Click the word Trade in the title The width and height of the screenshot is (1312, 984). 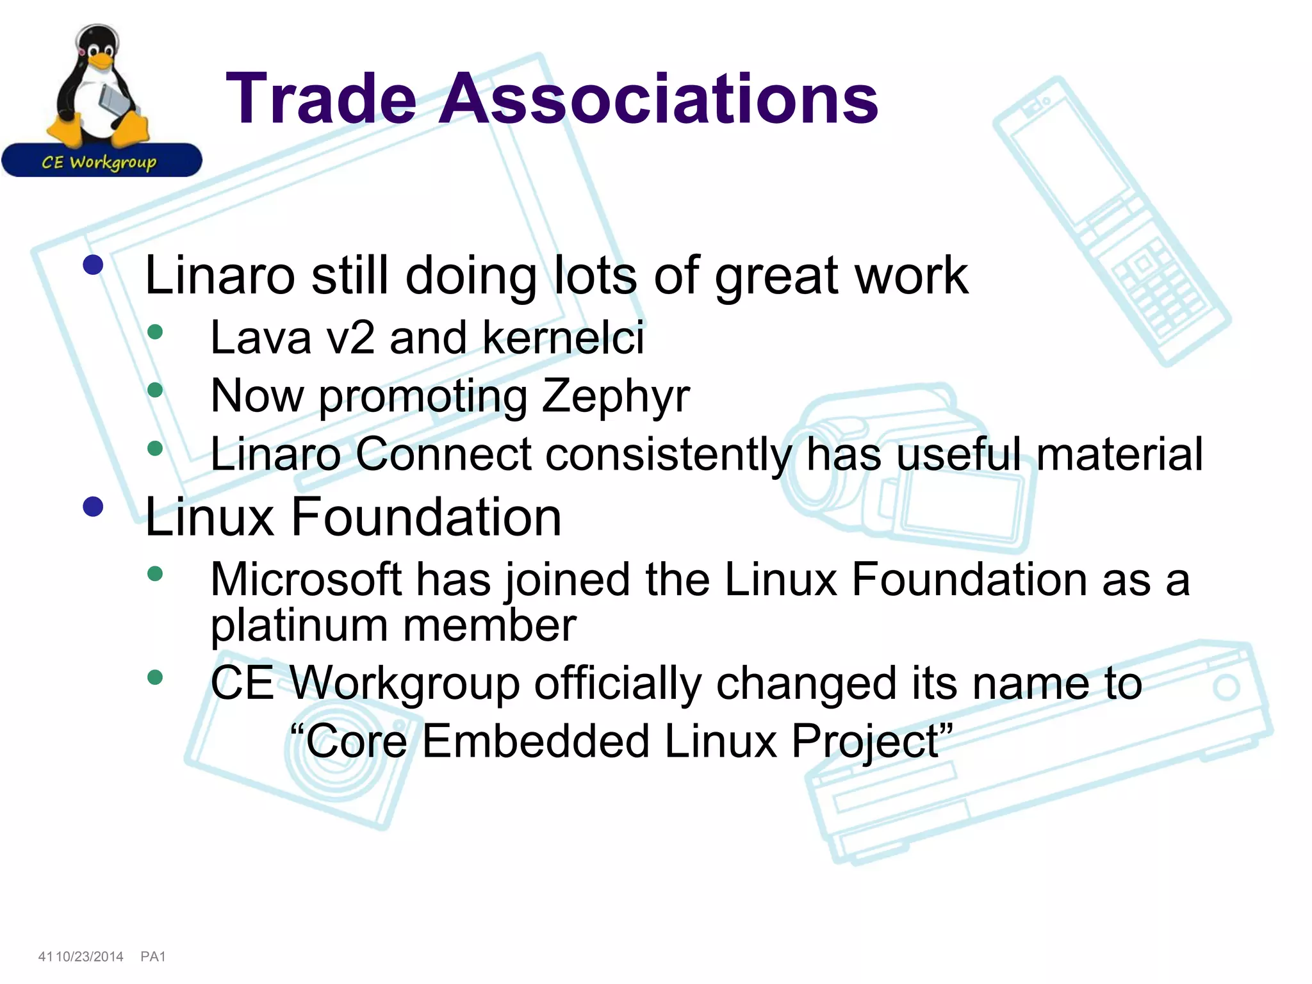click(x=320, y=99)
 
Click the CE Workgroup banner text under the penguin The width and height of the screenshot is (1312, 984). click(x=99, y=161)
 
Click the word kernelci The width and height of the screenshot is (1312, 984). click(x=563, y=338)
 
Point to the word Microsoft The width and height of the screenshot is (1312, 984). click(x=306, y=580)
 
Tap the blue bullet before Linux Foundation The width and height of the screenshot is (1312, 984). click(x=94, y=507)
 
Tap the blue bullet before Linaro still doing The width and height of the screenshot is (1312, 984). click(x=94, y=265)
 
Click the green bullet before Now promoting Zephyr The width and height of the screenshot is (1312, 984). click(x=155, y=389)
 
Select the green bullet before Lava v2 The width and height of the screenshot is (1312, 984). click(x=155, y=332)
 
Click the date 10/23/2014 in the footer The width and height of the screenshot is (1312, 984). click(x=90, y=956)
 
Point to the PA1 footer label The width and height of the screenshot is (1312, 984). click(x=153, y=956)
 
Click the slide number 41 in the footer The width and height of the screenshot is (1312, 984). click(x=45, y=956)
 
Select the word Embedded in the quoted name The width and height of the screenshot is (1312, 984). click(x=535, y=741)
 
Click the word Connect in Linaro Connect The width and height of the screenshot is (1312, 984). click(x=443, y=454)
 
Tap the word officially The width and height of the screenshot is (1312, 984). click(x=618, y=684)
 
